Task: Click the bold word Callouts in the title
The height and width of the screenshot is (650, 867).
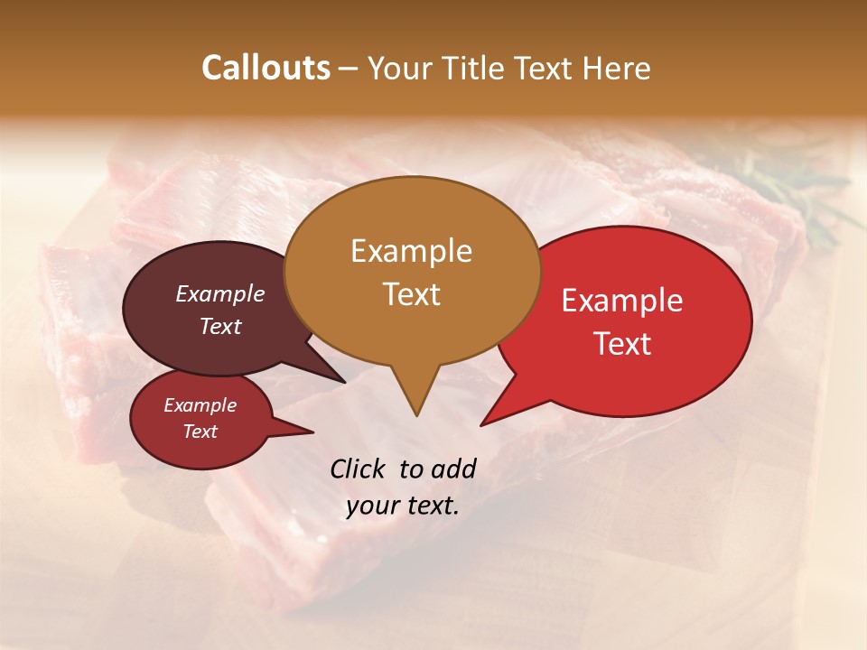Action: tap(266, 68)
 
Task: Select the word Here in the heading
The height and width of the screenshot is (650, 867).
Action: tap(617, 68)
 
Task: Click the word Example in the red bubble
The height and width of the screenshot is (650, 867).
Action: tap(621, 301)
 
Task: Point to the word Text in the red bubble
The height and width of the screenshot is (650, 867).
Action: tap(621, 344)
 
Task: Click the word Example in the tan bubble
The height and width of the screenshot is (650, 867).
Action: tap(411, 251)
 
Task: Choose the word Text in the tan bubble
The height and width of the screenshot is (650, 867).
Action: tap(411, 294)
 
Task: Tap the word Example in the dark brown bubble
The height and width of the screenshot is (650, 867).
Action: tap(219, 293)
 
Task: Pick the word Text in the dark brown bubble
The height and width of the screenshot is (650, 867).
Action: tap(219, 326)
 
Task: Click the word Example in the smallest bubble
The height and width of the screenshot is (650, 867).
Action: tap(200, 405)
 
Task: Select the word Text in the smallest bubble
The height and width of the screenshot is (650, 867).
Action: tap(200, 432)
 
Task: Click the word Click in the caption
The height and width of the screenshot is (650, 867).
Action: tap(359, 469)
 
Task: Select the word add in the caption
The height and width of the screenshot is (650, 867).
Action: tap(453, 469)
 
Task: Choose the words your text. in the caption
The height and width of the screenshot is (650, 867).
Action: tap(403, 506)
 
